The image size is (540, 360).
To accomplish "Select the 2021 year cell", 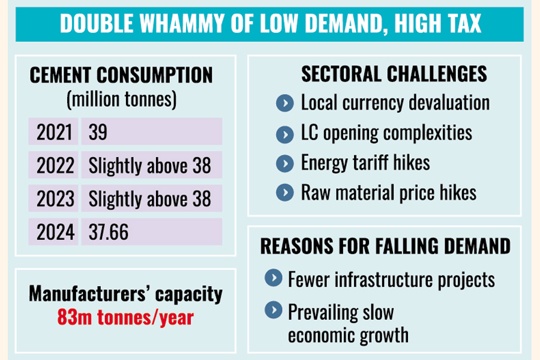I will [x=54, y=132].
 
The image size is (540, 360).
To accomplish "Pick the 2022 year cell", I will [x=54, y=165].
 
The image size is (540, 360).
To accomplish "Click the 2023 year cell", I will [x=54, y=199].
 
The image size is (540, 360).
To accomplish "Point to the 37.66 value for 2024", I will [x=109, y=232].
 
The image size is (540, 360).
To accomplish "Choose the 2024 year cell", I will [x=54, y=232].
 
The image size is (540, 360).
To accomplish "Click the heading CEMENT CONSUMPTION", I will [x=121, y=76].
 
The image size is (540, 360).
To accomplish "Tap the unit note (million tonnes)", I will [x=121, y=99].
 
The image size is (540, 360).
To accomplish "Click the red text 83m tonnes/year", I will [x=125, y=317].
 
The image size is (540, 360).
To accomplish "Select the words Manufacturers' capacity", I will [x=125, y=294].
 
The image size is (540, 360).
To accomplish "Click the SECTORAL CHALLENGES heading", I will [x=394, y=74].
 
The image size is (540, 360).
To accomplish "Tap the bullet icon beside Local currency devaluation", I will [x=284, y=103].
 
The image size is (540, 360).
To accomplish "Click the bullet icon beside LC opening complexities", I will [x=284, y=133].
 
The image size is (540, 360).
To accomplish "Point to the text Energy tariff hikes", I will [x=365, y=163].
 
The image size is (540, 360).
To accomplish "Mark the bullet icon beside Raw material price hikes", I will [x=284, y=193].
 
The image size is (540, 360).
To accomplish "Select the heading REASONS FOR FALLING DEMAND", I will [x=385, y=247].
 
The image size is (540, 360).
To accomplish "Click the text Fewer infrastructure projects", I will [x=391, y=279].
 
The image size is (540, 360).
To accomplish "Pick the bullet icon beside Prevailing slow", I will [x=273, y=310].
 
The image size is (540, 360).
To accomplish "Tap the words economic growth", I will [x=348, y=335].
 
